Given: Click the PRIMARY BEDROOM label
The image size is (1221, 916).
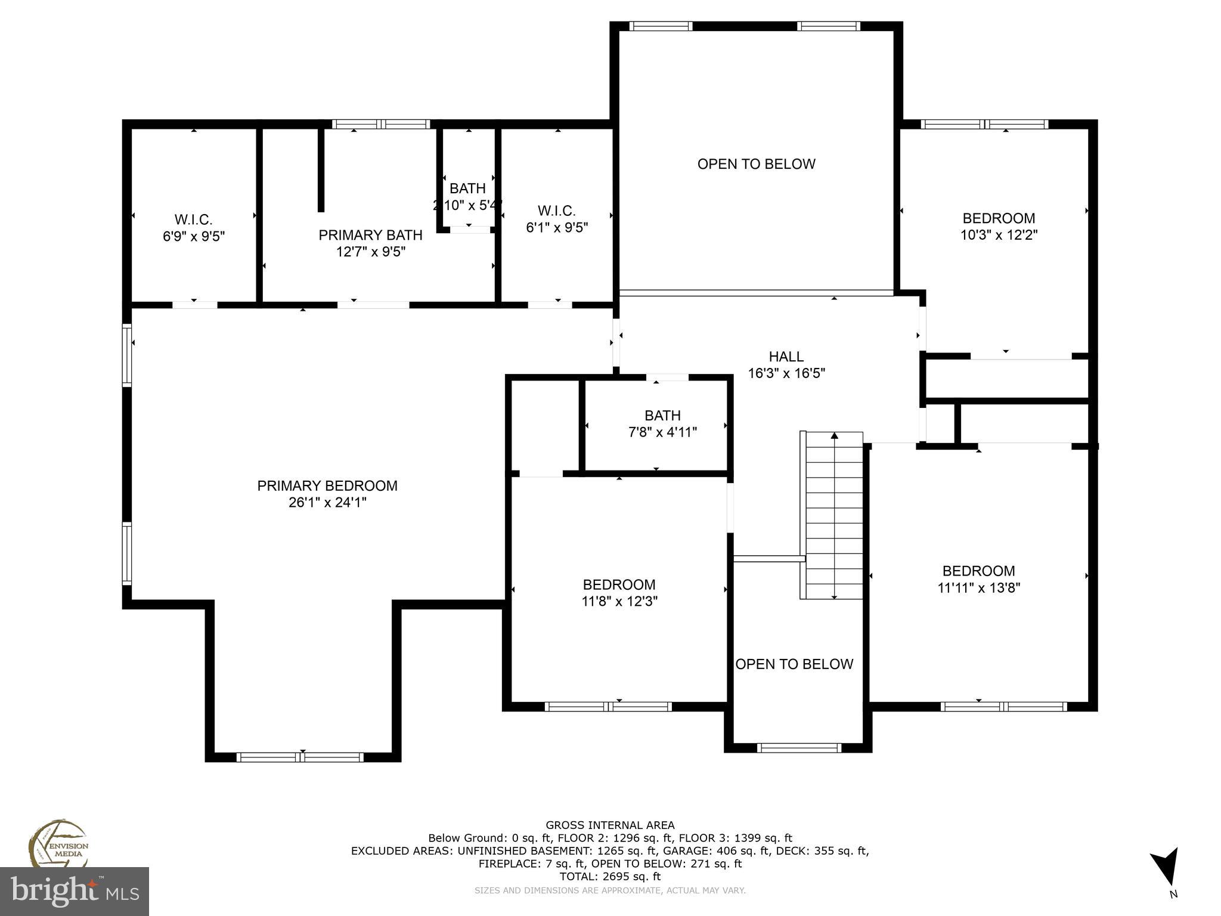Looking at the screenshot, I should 327,485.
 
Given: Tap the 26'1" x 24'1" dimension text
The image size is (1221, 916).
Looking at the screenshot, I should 327,503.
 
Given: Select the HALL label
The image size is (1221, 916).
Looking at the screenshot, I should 786,357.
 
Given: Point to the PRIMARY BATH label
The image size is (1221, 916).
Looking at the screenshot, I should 370,235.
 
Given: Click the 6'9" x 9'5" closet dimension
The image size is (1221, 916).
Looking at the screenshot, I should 193,236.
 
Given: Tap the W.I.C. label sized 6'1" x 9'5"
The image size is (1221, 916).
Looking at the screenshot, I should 556,211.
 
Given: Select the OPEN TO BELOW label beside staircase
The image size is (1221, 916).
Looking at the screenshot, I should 794,664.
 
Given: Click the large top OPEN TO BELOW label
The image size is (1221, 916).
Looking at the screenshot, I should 756,164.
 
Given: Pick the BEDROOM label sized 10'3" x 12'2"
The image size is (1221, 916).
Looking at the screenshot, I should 999,218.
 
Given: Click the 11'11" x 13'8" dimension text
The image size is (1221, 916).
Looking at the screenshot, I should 978,588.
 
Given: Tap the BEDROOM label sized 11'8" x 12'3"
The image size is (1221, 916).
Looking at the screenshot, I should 619,584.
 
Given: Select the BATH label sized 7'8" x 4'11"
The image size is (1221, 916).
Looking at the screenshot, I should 662,416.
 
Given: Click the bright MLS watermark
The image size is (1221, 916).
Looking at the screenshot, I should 74,891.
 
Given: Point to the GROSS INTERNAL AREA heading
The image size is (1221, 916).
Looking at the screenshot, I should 610,825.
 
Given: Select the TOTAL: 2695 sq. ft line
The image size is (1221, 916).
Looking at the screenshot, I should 610,877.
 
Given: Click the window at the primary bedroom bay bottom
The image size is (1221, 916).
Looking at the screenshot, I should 300,757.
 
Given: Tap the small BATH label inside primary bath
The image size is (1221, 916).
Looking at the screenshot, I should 467,188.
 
